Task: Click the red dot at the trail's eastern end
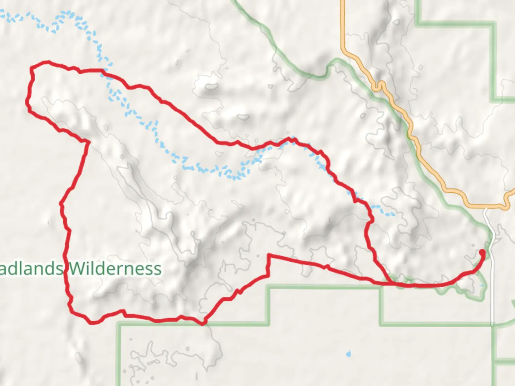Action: tap(482, 253)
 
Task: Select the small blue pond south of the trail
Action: tap(348, 354)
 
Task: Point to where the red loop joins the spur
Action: tap(390, 283)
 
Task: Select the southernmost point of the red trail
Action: tap(203, 324)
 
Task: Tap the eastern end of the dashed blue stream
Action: tap(394, 214)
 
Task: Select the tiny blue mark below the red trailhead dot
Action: tap(481, 286)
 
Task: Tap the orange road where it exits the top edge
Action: tap(343, 2)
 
